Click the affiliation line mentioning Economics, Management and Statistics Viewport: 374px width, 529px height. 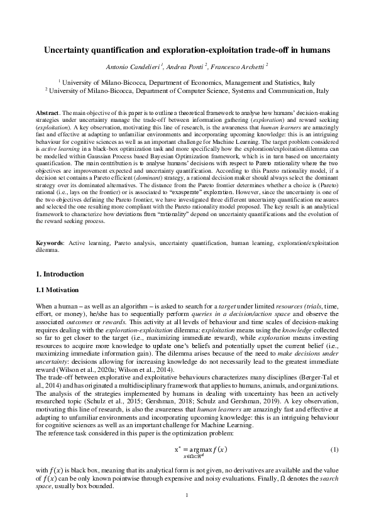pyautogui.click(x=187, y=82)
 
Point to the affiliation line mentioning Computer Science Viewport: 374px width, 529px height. pyautogui.click(x=187, y=90)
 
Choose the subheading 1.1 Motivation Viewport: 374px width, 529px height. pyautogui.click(x=57, y=290)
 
